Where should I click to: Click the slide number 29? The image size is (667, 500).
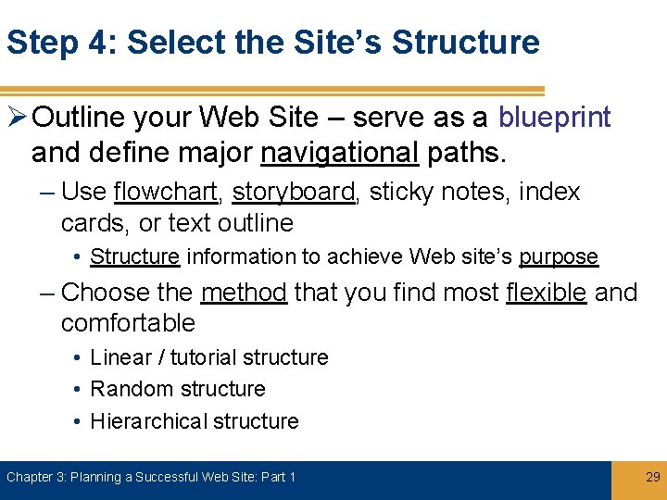click(x=651, y=477)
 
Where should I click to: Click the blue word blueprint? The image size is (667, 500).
click(x=554, y=118)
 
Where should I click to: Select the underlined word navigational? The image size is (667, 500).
click(x=340, y=151)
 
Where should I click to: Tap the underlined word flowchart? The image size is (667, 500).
click(x=165, y=193)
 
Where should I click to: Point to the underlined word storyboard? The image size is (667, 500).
click(x=294, y=193)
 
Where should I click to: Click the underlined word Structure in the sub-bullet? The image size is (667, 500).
click(x=134, y=256)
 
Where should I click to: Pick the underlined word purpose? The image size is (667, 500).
click(x=558, y=256)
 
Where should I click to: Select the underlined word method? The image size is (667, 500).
click(x=244, y=293)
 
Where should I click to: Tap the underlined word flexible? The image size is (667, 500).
click(x=547, y=293)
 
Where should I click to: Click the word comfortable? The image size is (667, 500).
click(x=128, y=323)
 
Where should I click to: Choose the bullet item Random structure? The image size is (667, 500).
click(x=178, y=389)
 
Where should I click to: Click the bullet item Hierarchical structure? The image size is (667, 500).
click(x=195, y=421)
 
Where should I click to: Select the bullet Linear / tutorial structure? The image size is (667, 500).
click(x=209, y=357)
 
